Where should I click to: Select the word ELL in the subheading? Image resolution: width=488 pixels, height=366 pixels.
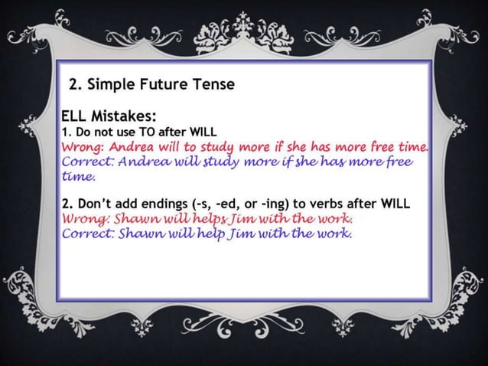tap(75, 117)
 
